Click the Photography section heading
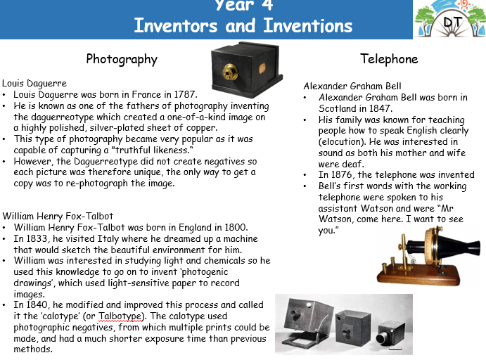tap(122, 59)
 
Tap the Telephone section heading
tap(389, 58)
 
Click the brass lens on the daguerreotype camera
tap(230, 72)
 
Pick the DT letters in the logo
tap(453, 22)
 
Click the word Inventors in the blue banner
tap(176, 25)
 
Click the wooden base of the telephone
tap(419, 275)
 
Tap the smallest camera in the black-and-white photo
tap(390, 334)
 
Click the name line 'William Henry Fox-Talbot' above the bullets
tap(58, 216)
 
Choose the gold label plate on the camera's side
tap(262, 68)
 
